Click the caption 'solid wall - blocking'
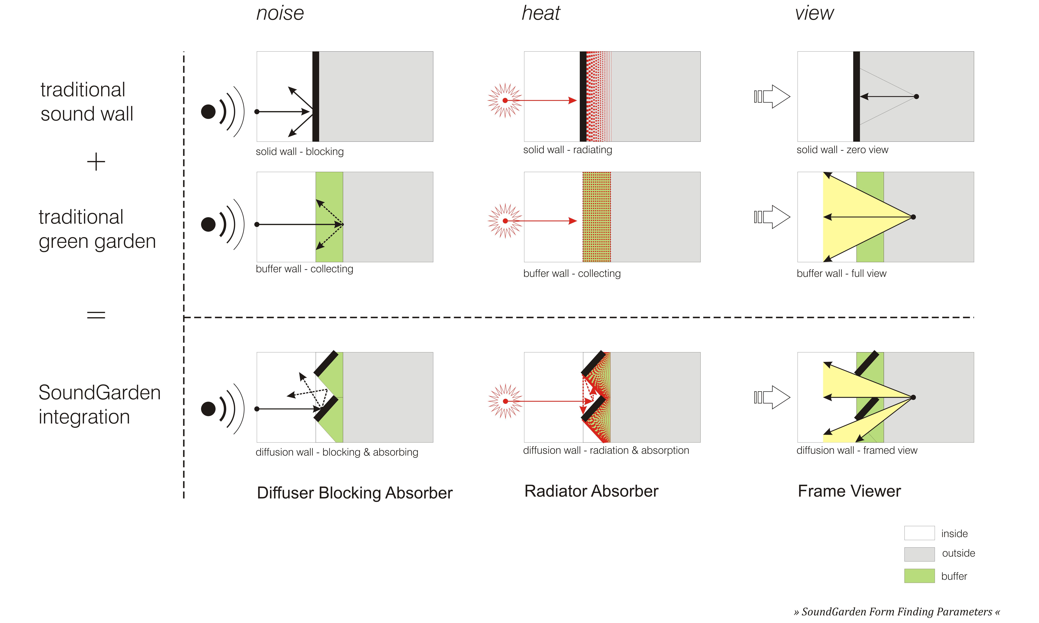(299, 152)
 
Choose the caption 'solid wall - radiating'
(567, 150)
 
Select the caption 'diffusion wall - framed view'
(857, 450)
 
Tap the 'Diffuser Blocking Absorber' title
(354, 493)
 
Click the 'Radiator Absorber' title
(591, 491)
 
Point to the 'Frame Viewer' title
(849, 491)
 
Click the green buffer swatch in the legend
(919, 576)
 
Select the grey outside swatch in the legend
(919, 554)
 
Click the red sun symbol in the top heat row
(505, 100)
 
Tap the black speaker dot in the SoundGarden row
(208, 408)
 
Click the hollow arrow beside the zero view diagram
(773, 97)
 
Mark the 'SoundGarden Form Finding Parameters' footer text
(897, 612)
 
